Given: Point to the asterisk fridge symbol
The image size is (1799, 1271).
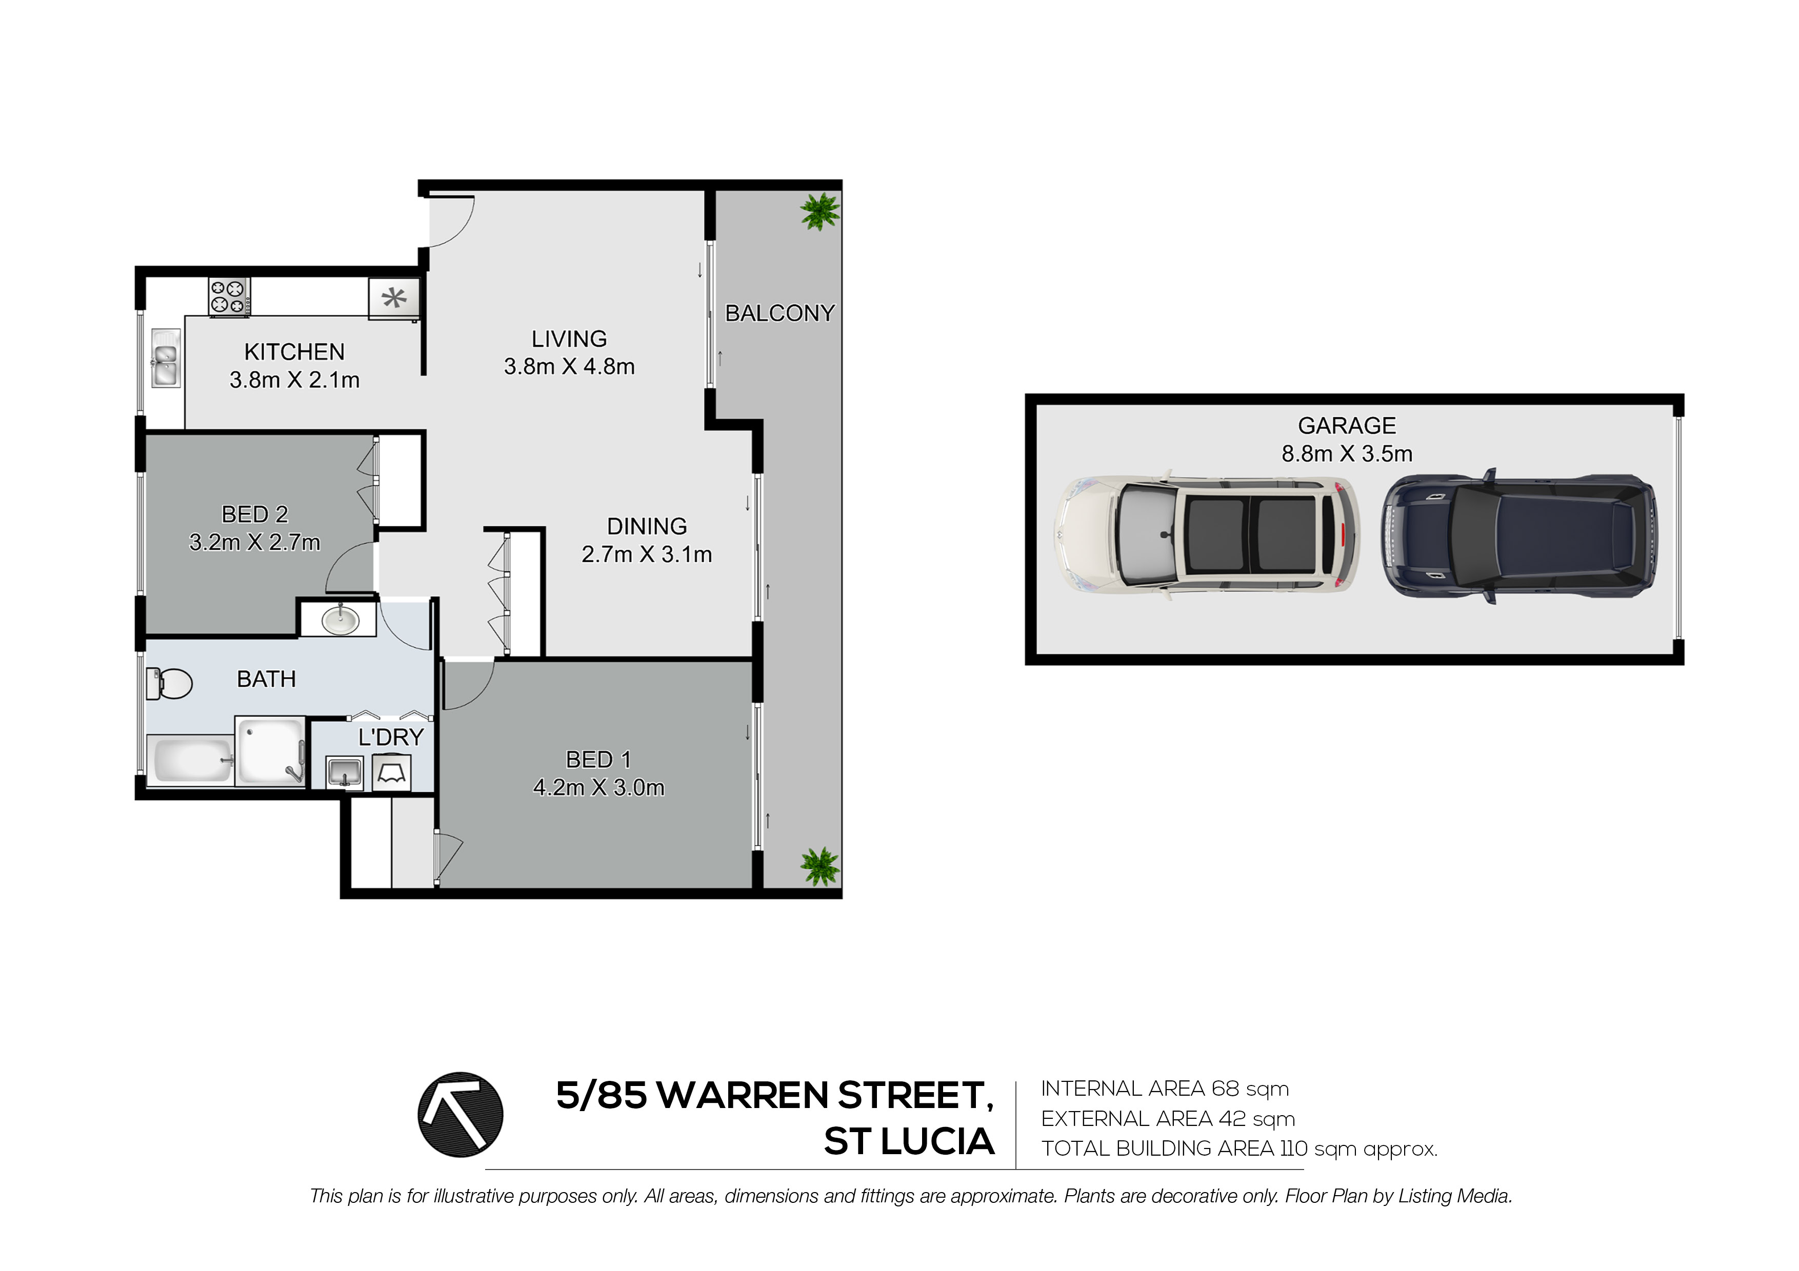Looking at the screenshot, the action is [394, 298].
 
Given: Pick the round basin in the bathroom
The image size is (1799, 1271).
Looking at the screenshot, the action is [341, 621].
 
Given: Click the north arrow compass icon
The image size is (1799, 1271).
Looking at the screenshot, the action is [460, 1114].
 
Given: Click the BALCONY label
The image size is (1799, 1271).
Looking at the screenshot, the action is [779, 313].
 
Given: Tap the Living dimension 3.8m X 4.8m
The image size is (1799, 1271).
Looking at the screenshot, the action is [569, 366].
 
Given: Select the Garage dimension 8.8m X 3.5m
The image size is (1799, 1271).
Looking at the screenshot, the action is [1347, 454].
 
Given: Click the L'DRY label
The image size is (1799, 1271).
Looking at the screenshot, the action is [391, 737].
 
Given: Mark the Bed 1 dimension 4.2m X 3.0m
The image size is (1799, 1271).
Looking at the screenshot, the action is [598, 787].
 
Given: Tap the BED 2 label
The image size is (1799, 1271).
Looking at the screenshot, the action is [255, 515].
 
